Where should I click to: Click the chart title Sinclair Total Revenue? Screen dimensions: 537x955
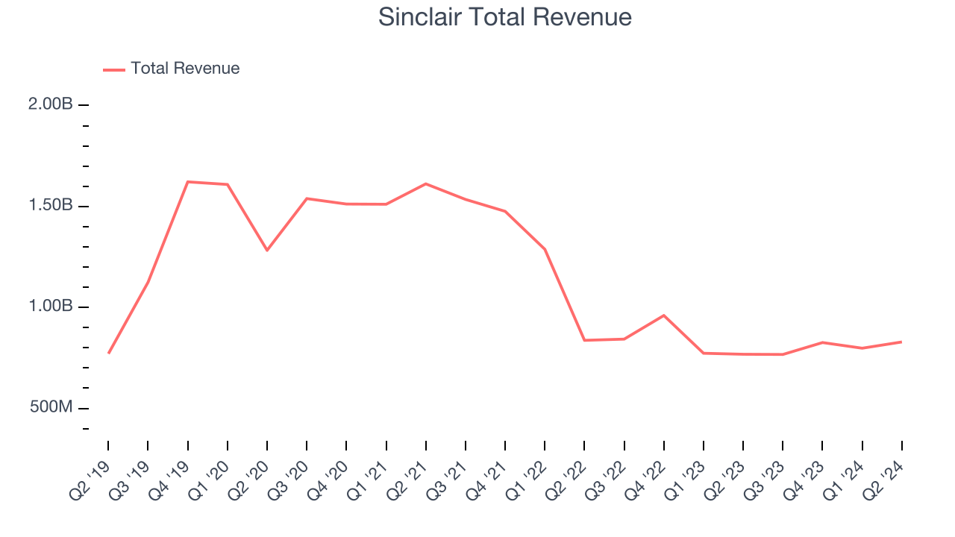click(505, 17)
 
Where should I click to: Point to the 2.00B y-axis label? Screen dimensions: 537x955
click(51, 104)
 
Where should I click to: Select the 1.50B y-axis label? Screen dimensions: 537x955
click(51, 206)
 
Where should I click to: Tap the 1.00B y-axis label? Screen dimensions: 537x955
click(51, 307)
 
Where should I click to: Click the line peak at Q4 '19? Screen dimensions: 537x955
click(187, 182)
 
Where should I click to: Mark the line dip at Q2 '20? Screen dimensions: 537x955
click(267, 250)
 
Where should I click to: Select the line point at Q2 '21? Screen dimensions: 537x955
click(426, 183)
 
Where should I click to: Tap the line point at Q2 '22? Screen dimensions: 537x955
click(584, 340)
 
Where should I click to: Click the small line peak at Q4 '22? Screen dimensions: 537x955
click(664, 315)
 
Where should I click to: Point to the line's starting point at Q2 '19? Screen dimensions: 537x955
click(108, 353)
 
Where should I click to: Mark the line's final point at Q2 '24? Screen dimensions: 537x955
click(901, 342)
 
